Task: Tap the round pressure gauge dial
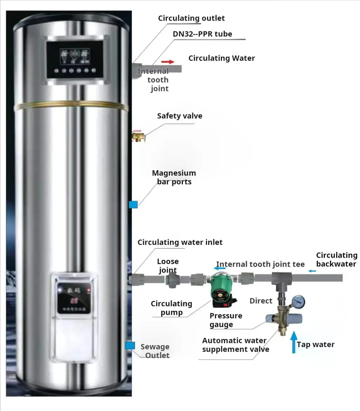click(298, 302)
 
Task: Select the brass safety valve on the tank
click(137, 136)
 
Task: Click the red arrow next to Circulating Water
click(168, 62)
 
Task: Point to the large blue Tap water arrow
click(294, 343)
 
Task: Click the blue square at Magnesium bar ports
click(133, 204)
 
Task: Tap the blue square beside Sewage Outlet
click(130, 346)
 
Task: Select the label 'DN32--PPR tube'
click(202, 34)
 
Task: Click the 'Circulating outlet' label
click(191, 18)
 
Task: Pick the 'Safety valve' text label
click(180, 116)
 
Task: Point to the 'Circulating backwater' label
click(336, 260)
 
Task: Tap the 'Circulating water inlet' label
click(180, 242)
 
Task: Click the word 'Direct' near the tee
click(261, 301)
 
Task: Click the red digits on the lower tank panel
click(74, 301)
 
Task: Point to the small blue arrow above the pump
click(220, 268)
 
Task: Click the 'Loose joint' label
click(168, 266)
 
